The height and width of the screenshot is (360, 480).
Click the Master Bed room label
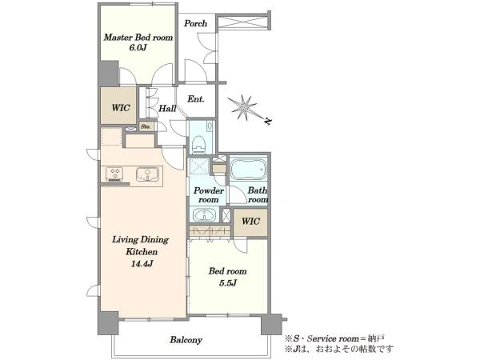pos(138,38)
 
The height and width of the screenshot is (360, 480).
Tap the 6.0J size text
pos(138,48)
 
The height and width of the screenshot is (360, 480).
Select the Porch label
pos(195,23)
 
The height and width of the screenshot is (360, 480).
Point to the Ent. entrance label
pos(196,99)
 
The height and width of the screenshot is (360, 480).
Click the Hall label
pos(167,108)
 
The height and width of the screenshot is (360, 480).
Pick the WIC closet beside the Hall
pos(120,108)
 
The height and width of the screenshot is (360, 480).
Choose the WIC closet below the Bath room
pos(250,222)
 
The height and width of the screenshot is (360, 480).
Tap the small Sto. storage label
pos(146,126)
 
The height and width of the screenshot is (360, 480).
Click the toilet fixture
pos(199,143)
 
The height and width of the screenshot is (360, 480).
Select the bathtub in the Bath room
pos(248,170)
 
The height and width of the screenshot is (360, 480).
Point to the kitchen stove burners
pos(114,174)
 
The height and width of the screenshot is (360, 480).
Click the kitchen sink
pos(147,174)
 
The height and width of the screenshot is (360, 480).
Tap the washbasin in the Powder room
pos(203,214)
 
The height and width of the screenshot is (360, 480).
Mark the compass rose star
pos(244,107)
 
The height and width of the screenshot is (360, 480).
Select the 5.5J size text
pos(228,283)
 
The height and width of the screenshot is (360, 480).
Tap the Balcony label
pos(186,340)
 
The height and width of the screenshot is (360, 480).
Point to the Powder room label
pos(209,195)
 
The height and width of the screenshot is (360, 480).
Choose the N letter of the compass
pos(268,122)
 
